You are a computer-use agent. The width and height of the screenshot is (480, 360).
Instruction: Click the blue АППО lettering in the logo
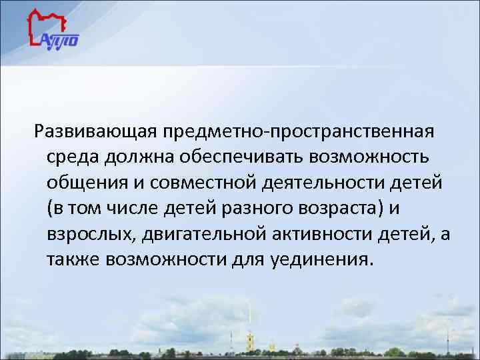click(61, 41)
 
